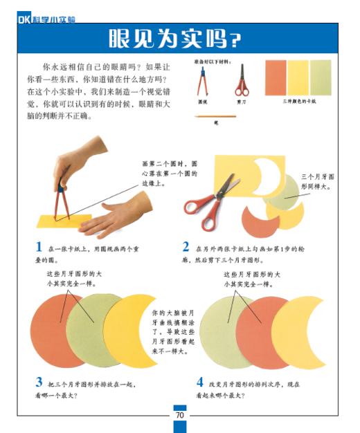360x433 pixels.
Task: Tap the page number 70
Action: [179, 415]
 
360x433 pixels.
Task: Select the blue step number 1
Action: [39, 247]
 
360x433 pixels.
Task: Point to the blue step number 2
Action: [186, 247]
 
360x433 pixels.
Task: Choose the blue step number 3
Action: [39, 382]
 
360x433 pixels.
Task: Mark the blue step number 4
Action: [199, 382]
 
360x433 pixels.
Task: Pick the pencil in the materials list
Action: [216, 116]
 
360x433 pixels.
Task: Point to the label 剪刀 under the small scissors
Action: [241, 101]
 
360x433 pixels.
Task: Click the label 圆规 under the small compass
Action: [203, 101]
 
